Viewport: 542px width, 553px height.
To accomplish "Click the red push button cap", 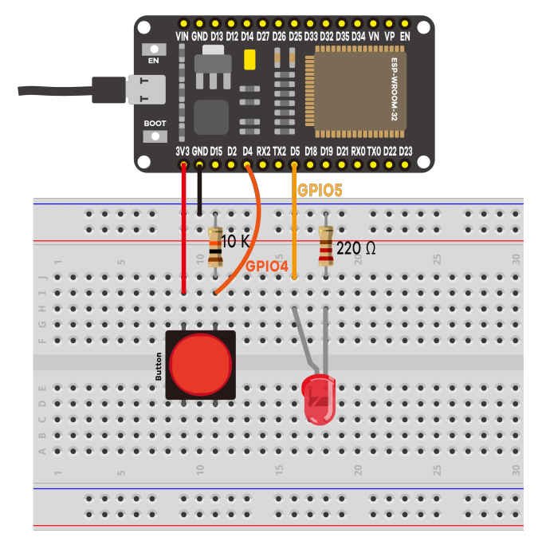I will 200,365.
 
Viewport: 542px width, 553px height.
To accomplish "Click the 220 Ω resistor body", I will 325,246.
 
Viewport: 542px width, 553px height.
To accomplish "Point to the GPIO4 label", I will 266,266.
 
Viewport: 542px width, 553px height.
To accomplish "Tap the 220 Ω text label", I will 355,248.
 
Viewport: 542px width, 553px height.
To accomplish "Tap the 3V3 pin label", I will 182,151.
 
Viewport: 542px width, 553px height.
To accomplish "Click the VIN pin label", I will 183,36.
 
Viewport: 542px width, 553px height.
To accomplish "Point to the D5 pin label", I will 294,151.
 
